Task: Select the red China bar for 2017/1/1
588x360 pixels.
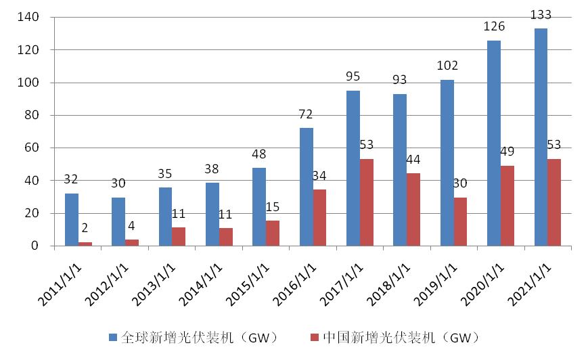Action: pos(366,202)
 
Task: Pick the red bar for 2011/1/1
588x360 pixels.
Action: pos(85,244)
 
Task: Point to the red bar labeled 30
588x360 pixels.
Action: pos(459,221)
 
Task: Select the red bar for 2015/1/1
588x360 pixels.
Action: pos(273,233)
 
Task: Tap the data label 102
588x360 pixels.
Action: pos(447,66)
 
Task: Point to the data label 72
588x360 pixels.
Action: pos(307,114)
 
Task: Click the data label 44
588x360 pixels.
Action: pos(413,160)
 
